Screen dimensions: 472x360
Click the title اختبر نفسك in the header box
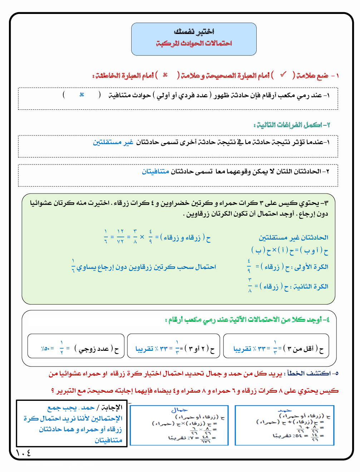pyautogui.click(x=194, y=32)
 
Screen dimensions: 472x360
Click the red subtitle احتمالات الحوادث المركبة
pyautogui.click(x=194, y=44)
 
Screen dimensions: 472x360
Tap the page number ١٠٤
pyautogui.click(x=24, y=453)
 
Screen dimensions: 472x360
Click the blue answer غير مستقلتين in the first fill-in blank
pyautogui.click(x=113, y=142)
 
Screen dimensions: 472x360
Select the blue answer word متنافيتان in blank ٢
pyautogui.click(x=155, y=172)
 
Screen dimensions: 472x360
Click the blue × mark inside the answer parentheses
pyautogui.click(x=82, y=95)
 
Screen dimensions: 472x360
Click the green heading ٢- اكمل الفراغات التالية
pyautogui.click(x=292, y=125)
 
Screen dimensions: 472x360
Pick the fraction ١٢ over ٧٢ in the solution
pyautogui.click(x=120, y=237)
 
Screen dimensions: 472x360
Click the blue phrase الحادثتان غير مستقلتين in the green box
pyautogui.click(x=293, y=237)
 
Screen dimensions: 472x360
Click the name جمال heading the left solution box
pyautogui.click(x=179, y=410)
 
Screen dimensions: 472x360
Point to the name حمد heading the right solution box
pyautogui.click(x=284, y=410)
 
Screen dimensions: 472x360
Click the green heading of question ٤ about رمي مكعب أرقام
pyautogui.click(x=247, y=319)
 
